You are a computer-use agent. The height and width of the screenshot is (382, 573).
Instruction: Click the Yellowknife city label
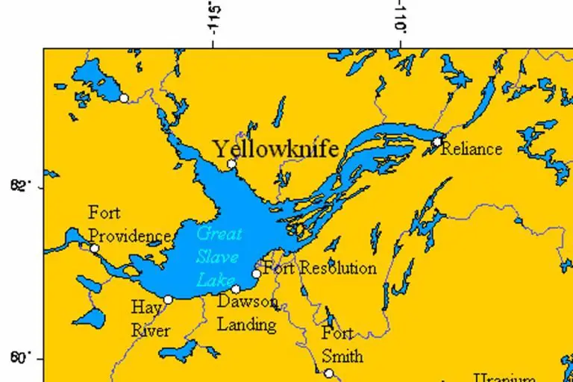click(276, 148)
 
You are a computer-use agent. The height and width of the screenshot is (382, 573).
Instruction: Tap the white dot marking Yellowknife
click(231, 164)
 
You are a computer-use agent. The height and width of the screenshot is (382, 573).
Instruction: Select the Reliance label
click(471, 149)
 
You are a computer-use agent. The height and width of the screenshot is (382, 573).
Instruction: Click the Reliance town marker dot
click(438, 141)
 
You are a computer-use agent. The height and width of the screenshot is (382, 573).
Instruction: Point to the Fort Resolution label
click(320, 268)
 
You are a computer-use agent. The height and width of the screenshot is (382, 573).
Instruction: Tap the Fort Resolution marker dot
click(257, 274)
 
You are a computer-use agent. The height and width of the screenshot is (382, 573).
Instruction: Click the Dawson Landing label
click(247, 313)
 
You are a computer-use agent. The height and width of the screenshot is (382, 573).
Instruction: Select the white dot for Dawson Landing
click(236, 289)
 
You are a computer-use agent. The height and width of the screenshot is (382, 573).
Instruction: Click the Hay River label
click(151, 319)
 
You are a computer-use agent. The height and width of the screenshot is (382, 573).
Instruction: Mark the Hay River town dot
click(168, 300)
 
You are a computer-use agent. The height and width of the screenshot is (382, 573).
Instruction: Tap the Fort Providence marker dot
click(95, 248)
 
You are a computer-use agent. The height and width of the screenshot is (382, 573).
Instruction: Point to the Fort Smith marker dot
click(328, 373)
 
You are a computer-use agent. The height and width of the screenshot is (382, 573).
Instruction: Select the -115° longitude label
click(216, 19)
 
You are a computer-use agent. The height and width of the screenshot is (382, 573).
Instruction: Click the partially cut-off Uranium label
click(506, 377)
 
